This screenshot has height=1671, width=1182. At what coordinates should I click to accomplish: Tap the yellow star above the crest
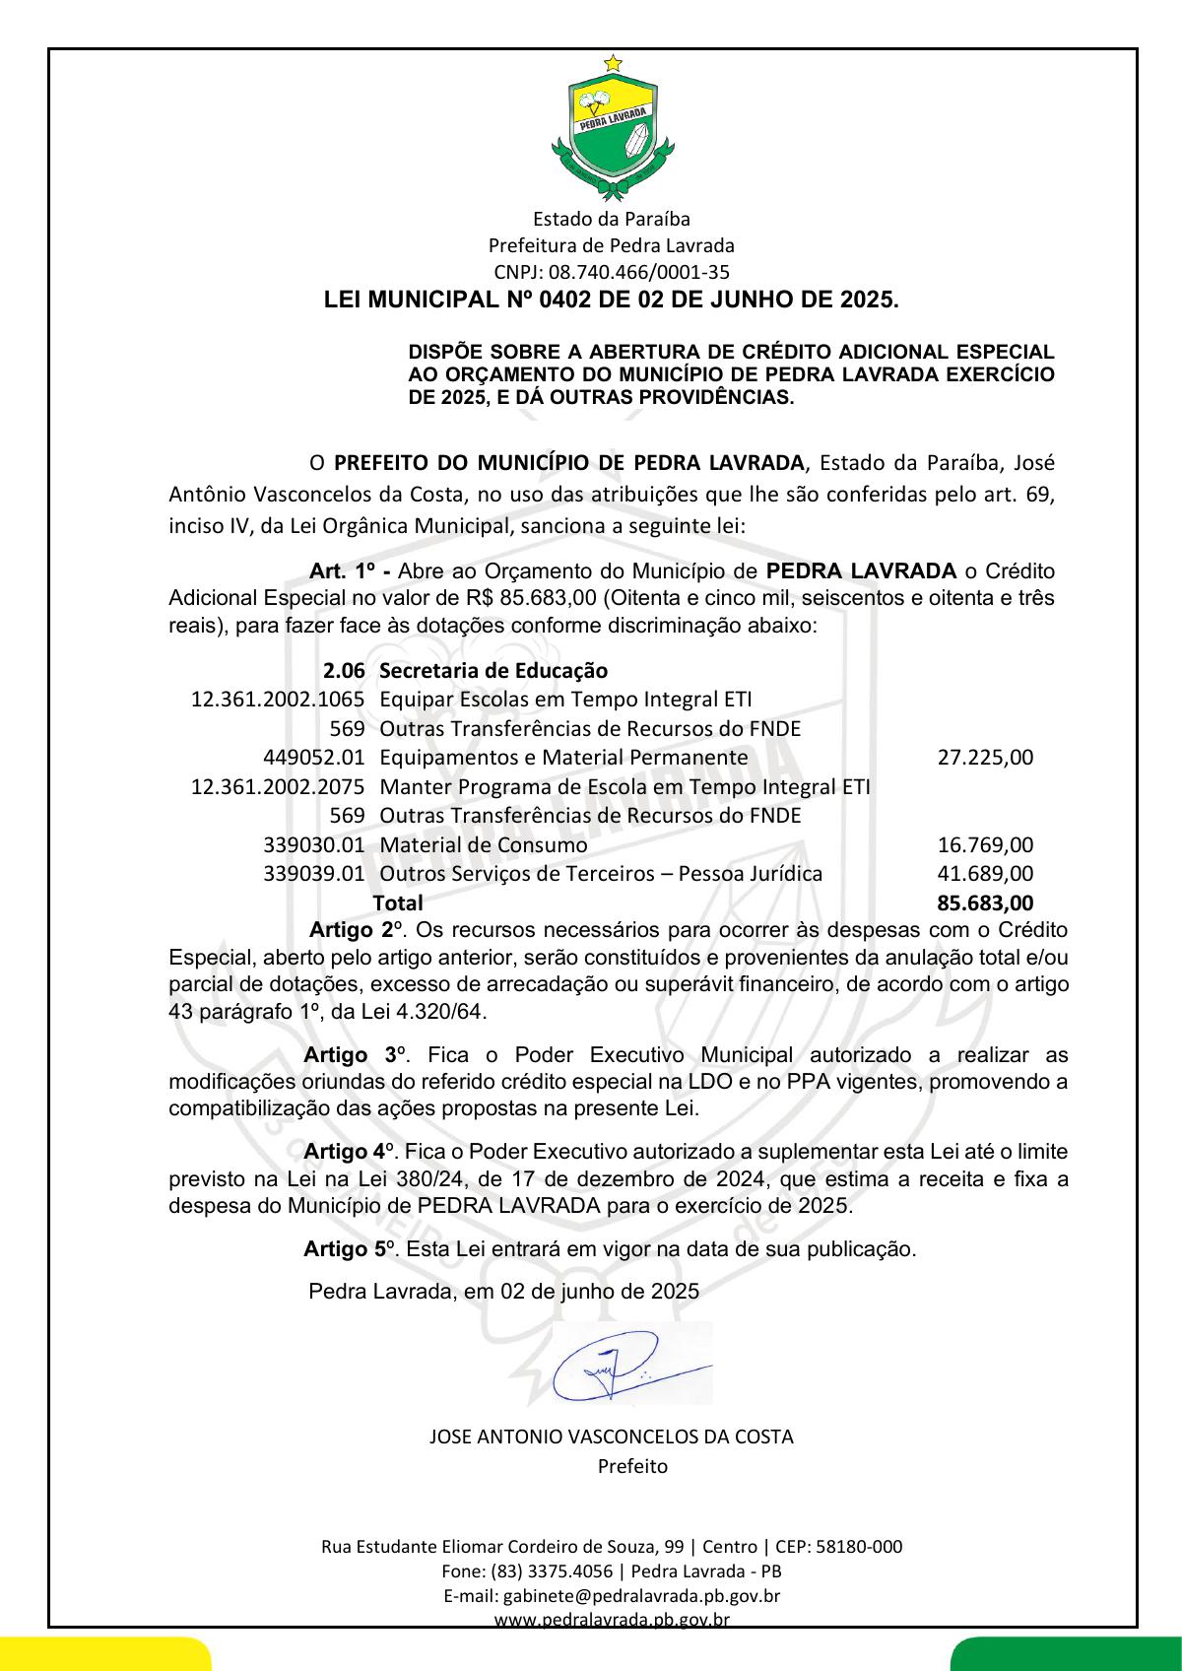(613, 64)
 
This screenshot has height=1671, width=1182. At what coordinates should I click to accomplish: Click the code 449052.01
(314, 758)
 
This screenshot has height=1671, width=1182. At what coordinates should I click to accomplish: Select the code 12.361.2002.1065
(278, 700)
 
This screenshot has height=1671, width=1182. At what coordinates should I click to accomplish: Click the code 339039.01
(314, 873)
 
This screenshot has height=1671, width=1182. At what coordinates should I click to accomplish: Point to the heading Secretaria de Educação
(492, 671)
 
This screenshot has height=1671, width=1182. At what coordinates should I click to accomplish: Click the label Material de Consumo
(483, 844)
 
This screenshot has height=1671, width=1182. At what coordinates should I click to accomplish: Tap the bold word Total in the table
(398, 902)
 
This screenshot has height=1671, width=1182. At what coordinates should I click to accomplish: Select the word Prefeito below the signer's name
(632, 1466)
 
